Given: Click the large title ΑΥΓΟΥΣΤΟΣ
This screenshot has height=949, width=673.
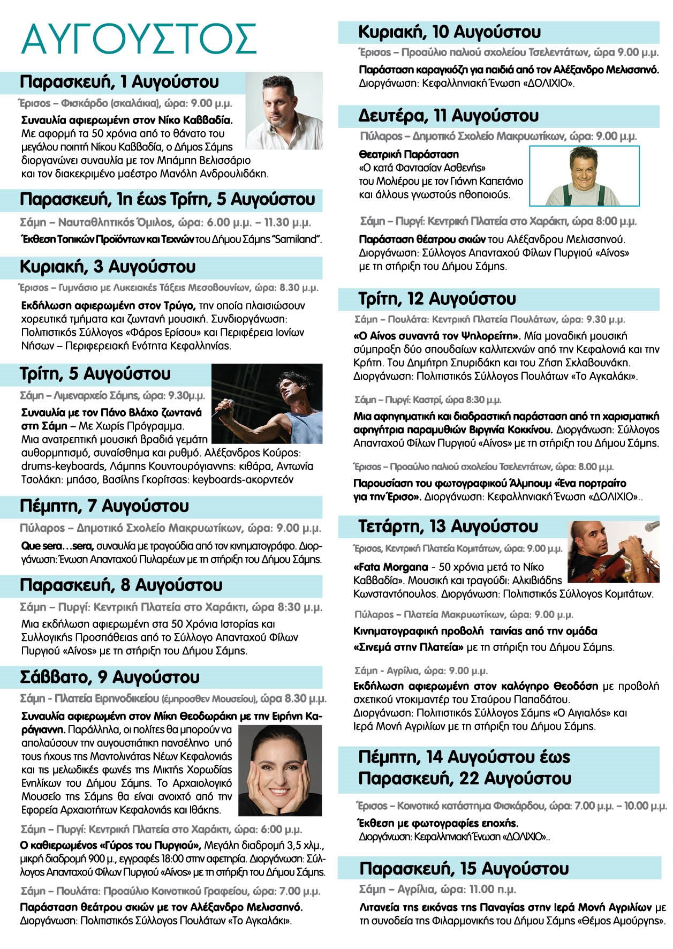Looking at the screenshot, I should click(x=138, y=39).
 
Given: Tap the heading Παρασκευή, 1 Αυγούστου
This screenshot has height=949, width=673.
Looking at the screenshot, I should click(x=119, y=82).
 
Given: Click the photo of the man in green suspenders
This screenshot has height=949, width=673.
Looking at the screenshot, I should click(x=584, y=176).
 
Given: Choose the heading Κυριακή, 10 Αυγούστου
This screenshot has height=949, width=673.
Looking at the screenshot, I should click(x=449, y=32).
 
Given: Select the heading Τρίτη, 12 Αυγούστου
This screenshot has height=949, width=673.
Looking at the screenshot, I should click(x=437, y=299).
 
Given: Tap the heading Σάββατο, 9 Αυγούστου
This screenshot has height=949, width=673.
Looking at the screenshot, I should click(x=109, y=677).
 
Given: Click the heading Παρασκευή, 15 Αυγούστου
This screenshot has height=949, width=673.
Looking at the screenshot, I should click(x=464, y=868).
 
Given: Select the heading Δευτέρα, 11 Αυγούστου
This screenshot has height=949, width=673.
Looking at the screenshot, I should click(x=448, y=116).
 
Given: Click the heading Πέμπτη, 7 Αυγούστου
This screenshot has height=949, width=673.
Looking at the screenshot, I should click(x=104, y=506).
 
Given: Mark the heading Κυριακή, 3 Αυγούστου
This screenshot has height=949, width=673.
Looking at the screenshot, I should click(x=107, y=267).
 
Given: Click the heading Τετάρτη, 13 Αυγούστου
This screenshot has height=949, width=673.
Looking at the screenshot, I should click(x=448, y=527).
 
